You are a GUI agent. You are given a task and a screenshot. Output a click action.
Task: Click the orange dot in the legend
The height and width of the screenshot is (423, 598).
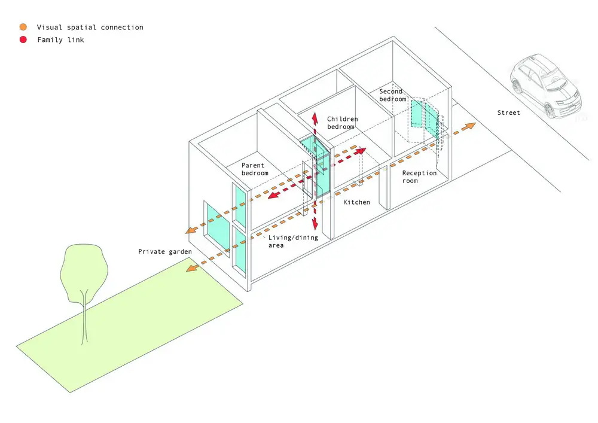click(x=23, y=27)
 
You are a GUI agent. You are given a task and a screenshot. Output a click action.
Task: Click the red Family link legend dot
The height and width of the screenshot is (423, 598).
click(x=23, y=39)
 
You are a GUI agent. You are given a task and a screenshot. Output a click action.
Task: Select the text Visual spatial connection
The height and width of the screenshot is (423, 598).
click(x=90, y=28)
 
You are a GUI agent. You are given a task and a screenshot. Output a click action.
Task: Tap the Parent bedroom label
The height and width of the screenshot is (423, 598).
click(x=254, y=169)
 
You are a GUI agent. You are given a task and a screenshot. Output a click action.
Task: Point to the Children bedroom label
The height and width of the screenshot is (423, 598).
click(x=342, y=123)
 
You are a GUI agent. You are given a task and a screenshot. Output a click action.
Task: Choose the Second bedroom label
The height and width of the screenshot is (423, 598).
click(x=392, y=95)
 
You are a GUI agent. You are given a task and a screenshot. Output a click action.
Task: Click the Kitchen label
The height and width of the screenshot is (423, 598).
click(x=356, y=202)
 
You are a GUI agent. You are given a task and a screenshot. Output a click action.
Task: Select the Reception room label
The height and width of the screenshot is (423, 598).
click(x=419, y=176)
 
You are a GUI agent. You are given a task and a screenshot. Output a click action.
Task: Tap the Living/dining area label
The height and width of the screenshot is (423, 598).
click(x=293, y=242)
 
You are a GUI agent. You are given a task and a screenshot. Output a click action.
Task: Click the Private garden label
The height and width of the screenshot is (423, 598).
click(x=165, y=252)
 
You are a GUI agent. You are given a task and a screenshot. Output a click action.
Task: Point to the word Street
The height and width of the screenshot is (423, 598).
click(x=508, y=113)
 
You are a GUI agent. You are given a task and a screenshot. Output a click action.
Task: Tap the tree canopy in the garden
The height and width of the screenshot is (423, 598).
click(x=84, y=272)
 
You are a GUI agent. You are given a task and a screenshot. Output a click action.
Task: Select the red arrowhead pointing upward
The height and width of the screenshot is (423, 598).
click(x=315, y=118)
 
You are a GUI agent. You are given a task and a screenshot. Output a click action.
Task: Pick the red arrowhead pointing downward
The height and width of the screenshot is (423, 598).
click(x=315, y=224)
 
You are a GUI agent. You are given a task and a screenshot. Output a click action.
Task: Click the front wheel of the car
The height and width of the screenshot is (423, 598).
click(x=549, y=111)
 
